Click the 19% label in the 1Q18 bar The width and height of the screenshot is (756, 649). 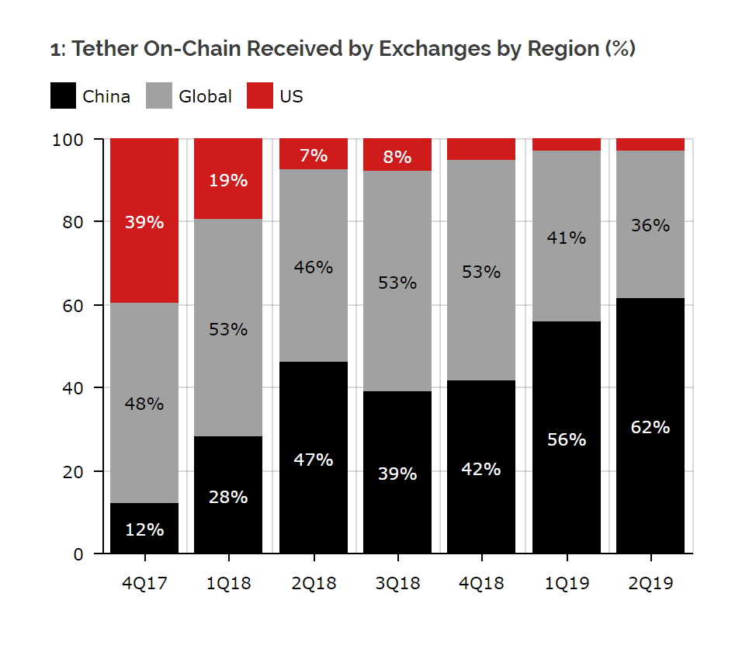coord(228,180)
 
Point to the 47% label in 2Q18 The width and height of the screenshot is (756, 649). coord(314,460)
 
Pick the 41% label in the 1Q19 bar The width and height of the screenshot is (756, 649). coord(566,238)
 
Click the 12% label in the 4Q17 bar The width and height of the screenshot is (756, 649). coord(144,529)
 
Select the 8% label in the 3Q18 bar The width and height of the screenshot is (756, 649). coord(397,157)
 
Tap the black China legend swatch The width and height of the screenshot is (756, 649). coord(63,96)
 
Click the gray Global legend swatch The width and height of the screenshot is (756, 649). coord(158,96)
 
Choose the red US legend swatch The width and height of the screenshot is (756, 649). coord(260,96)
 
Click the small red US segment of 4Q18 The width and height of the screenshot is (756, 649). coord(482,149)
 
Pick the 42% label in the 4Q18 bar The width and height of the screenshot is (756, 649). coord(482,469)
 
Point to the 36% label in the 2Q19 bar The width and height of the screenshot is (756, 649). coord(650,225)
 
